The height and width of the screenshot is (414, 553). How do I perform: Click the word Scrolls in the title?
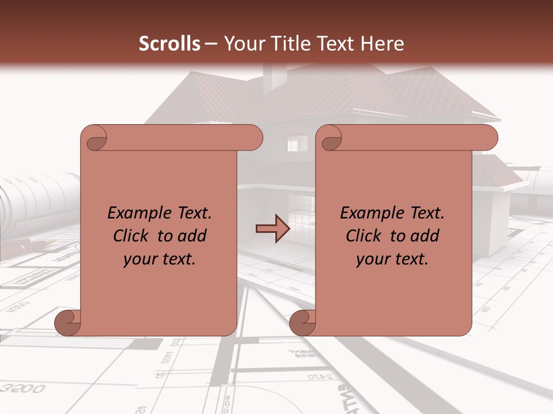[x=169, y=43]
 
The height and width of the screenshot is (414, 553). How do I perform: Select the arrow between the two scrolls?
[x=272, y=229]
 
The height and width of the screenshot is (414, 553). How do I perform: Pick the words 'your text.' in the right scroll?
[x=392, y=259]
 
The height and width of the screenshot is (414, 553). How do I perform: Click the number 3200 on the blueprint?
[x=23, y=389]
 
